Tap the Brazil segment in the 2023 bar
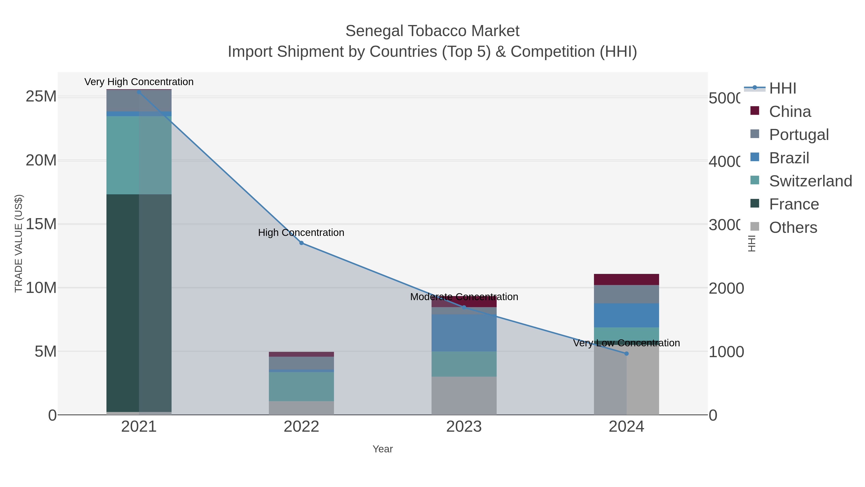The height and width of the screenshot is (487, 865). pos(464,333)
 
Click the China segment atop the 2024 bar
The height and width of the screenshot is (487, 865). pos(626,279)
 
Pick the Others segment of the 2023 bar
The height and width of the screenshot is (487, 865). pos(464,396)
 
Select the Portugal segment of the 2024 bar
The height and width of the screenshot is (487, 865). pos(626,294)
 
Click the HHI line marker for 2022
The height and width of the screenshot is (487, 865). pos(301,243)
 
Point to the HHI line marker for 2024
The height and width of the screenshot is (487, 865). pos(626,354)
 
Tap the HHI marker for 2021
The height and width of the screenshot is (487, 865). pos(139,92)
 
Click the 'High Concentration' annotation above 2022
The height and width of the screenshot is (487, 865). pos(301,233)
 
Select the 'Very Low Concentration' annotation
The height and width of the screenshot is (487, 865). pos(626,343)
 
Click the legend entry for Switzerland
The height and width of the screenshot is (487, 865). pos(810,181)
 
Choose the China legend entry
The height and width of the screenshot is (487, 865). pos(790,112)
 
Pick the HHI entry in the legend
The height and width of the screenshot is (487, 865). pos(782,89)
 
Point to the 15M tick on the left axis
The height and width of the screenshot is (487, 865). pos(41,224)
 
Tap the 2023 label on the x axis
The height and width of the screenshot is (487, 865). pos(464,427)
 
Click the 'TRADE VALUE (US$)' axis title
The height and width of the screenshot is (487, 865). pos(19,243)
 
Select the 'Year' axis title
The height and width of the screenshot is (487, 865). pos(383,449)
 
